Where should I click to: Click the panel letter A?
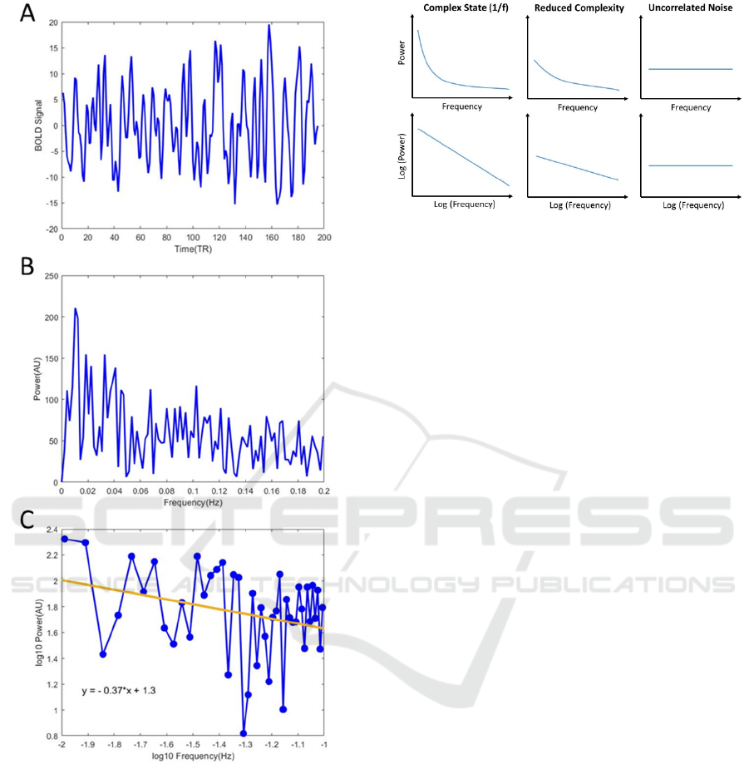(x=28, y=13)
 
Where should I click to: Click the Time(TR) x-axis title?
(x=192, y=249)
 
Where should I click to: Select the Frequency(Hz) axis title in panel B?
(x=192, y=503)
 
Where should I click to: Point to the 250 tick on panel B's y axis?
(x=50, y=276)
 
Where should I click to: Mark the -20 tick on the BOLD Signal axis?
(x=51, y=229)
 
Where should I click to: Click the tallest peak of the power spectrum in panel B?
(x=75, y=308)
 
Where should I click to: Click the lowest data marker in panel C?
(x=244, y=733)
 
